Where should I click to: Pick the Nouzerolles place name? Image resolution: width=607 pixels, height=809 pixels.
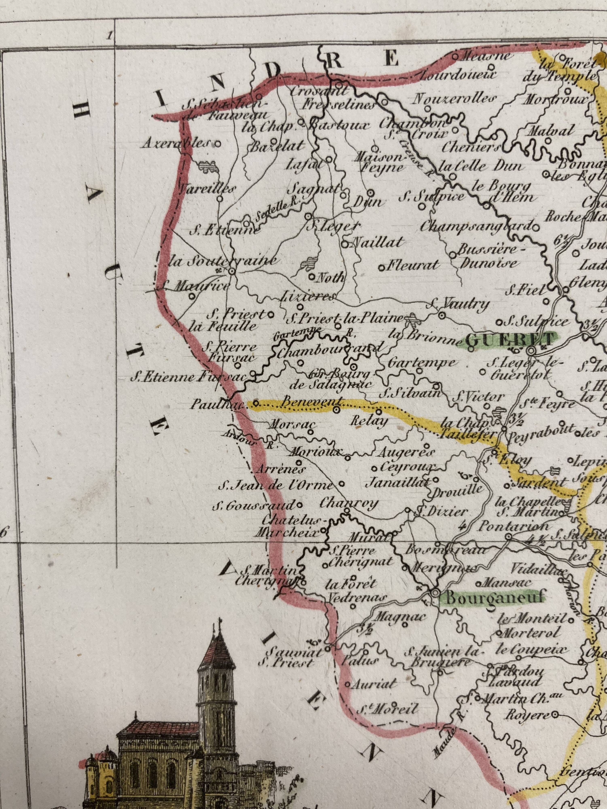tap(455, 99)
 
